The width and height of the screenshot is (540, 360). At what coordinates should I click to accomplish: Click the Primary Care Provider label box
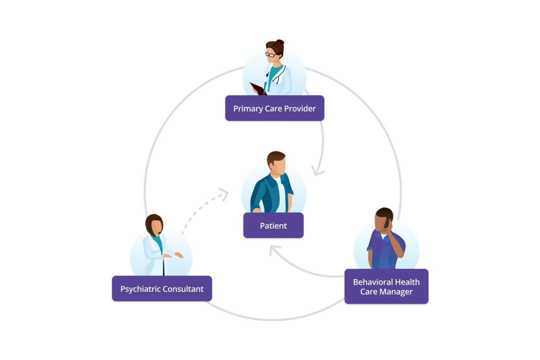274,108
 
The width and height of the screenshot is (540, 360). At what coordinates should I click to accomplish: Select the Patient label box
273,225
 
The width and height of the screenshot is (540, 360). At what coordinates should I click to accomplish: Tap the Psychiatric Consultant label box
161,288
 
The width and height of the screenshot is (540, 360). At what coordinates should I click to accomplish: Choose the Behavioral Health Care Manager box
386,286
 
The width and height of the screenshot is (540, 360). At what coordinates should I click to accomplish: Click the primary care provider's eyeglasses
270,54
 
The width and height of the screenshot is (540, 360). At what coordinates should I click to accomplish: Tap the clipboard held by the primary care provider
258,89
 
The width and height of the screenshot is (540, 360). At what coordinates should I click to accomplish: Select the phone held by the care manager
387,222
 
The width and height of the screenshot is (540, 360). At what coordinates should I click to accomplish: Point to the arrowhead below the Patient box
273,250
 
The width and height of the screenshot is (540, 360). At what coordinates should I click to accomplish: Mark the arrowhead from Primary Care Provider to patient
317,171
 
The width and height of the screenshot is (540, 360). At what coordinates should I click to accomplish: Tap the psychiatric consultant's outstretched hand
178,255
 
